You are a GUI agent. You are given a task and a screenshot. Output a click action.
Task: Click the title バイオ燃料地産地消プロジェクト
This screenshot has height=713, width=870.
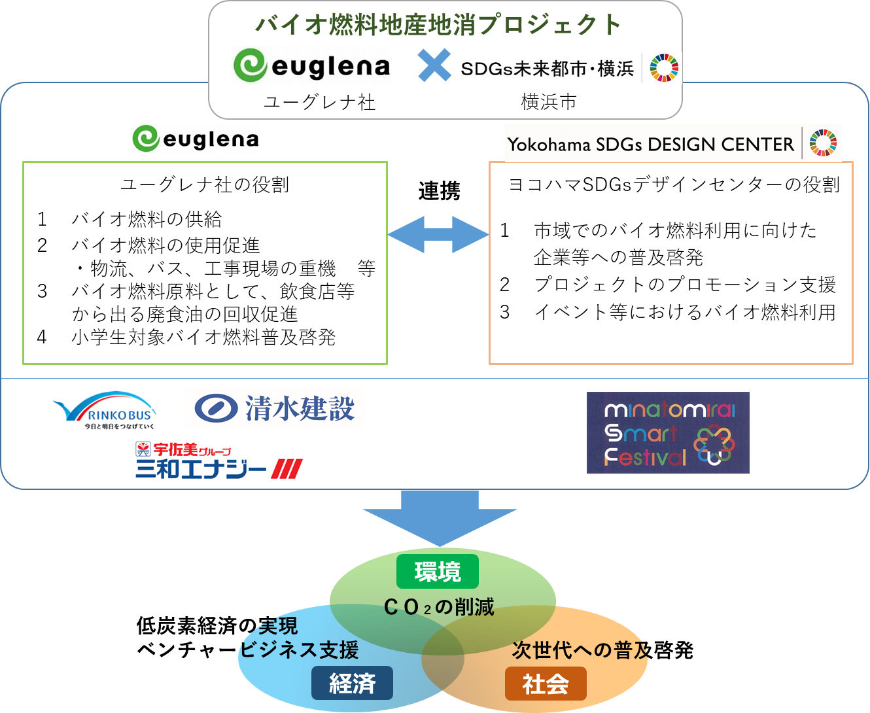pos(438,25)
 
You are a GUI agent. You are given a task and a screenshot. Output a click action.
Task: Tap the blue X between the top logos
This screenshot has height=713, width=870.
pos(434,66)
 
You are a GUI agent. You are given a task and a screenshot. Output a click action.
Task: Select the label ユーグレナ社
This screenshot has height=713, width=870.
pos(319,102)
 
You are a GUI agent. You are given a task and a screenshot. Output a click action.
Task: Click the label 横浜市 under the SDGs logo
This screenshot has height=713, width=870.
pos(548,102)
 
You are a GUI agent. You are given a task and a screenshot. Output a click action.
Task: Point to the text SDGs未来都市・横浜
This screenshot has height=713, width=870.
pos(547,69)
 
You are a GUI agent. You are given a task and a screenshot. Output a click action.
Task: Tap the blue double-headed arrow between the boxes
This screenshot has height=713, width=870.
pos(438,234)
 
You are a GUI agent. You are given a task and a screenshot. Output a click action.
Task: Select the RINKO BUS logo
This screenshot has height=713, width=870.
pos(107,410)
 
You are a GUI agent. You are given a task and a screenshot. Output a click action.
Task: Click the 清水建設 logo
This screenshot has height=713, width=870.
pos(274,409)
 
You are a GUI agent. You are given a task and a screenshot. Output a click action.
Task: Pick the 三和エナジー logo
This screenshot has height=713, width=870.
pos(219,459)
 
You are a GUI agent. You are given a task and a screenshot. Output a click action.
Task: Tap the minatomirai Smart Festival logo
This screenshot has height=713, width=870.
pos(668,432)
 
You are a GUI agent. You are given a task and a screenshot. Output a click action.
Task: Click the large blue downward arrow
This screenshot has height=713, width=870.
pos(440,517)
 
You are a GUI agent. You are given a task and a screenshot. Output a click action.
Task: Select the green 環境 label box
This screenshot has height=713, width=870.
pos(438,572)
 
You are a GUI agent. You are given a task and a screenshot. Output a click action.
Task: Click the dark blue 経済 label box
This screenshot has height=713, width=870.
pos(352,684)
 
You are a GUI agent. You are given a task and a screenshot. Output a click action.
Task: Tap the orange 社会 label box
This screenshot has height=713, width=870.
pos(546,684)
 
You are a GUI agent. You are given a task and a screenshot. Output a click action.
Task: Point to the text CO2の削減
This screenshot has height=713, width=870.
pos(438,607)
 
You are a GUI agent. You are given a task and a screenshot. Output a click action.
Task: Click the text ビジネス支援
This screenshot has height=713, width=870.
pos(300,650)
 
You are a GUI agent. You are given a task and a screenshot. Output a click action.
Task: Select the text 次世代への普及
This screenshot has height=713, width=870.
pos(580,650)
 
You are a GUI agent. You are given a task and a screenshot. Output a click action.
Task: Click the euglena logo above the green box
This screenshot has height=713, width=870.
pos(195,139)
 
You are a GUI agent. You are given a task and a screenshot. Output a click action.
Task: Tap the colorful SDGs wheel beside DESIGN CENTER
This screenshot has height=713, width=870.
pos(823,143)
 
